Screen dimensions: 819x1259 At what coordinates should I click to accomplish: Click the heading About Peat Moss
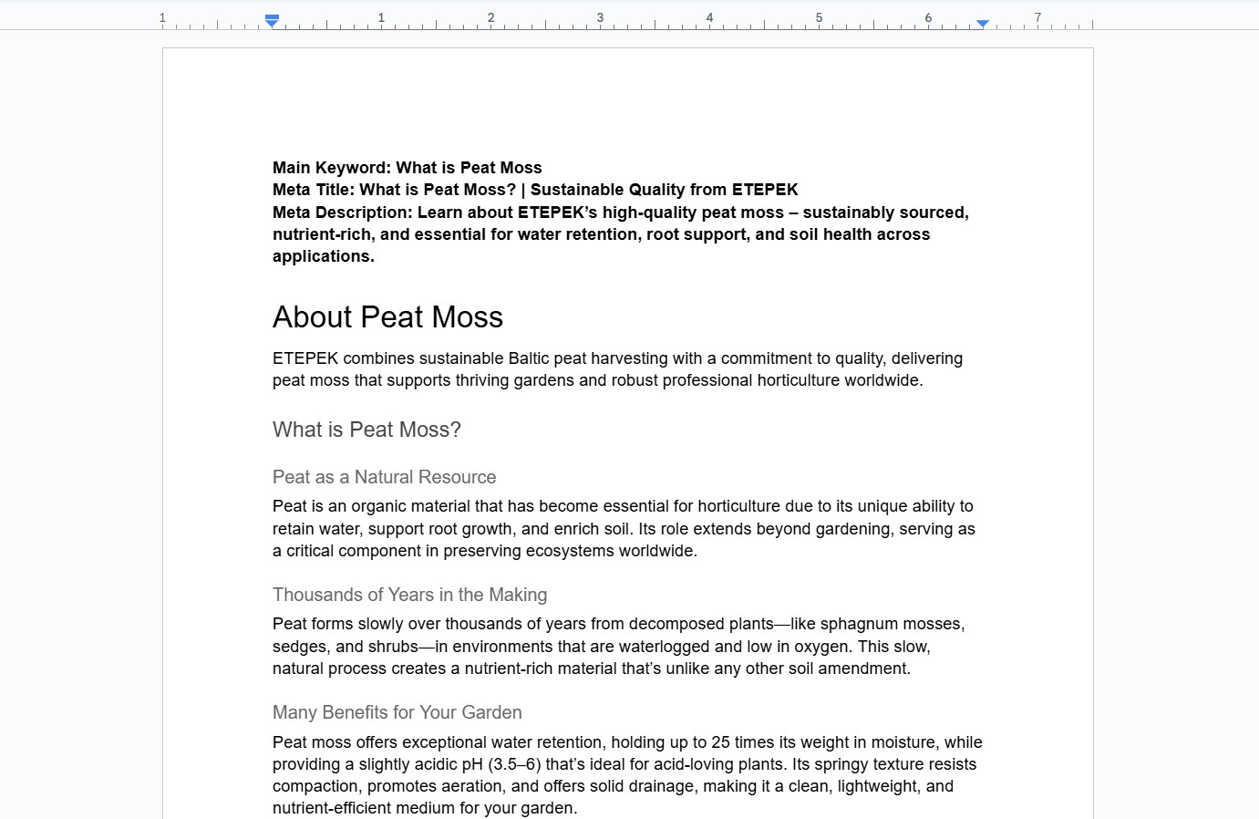click(387, 317)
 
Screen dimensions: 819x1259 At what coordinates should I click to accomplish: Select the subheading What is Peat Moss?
click(366, 430)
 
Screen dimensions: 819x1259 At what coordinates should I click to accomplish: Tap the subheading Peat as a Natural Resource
click(384, 477)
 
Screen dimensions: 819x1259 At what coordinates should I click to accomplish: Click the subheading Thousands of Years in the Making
click(409, 595)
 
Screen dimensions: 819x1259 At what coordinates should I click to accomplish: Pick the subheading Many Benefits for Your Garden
click(397, 712)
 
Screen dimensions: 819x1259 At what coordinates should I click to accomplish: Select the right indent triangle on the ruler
click(983, 23)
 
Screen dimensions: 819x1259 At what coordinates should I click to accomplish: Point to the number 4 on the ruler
click(709, 17)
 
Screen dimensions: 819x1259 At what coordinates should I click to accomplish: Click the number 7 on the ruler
click(1037, 17)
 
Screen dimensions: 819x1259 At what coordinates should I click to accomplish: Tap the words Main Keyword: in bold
click(332, 168)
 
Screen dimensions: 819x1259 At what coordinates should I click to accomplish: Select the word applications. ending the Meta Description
click(324, 256)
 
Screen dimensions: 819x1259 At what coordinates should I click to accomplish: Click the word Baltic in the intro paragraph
click(529, 358)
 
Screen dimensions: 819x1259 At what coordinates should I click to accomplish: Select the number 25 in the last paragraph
click(720, 742)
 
